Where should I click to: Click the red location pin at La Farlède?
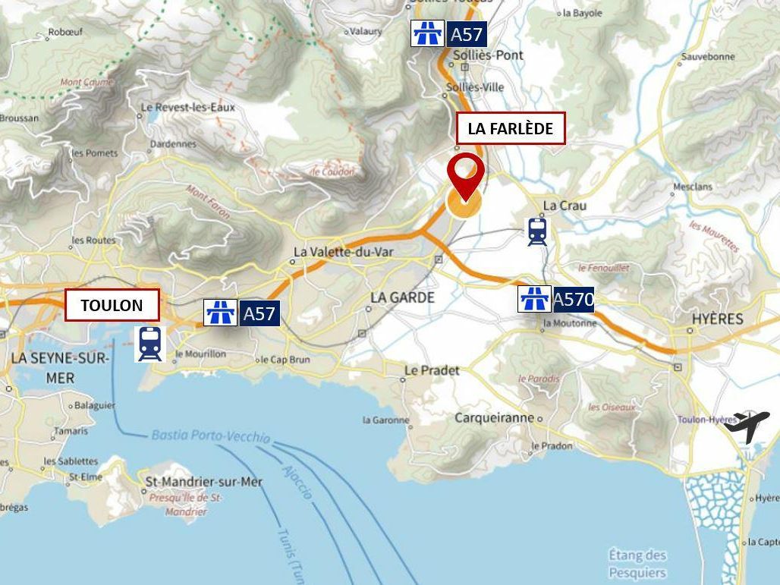[x=465, y=172]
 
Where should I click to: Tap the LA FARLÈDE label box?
[x=510, y=129]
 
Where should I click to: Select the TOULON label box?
[x=112, y=306]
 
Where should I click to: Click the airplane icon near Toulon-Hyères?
[x=747, y=426]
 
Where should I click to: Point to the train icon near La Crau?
[x=537, y=231]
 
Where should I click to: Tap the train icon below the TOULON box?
[x=149, y=344]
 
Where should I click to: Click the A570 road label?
[x=573, y=299]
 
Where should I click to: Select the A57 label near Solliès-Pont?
[x=466, y=34]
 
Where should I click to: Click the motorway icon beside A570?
[x=534, y=299]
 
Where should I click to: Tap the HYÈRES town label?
[x=717, y=319]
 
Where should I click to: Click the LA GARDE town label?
[x=402, y=297]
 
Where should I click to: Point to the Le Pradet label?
[x=432, y=370]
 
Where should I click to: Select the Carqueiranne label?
[x=494, y=418]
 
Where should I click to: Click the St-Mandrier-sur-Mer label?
[x=203, y=482]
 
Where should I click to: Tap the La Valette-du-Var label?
[x=343, y=253]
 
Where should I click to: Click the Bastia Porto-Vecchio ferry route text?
[x=210, y=436]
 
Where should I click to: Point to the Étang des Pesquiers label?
[x=637, y=564]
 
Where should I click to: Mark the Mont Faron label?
[x=208, y=203]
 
